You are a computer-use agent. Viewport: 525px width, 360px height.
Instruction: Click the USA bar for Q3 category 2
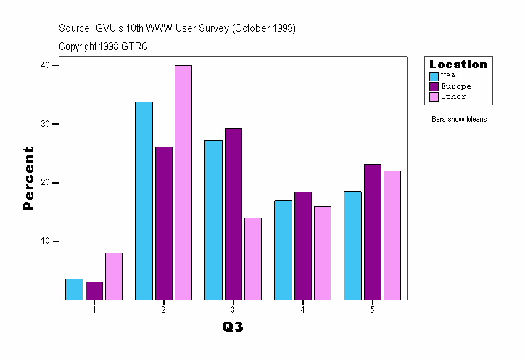click(x=144, y=200)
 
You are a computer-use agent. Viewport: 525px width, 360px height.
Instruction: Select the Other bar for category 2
click(x=183, y=182)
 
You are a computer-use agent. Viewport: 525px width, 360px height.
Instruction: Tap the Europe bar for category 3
click(x=233, y=214)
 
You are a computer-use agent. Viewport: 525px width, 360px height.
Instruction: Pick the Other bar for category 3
click(x=253, y=258)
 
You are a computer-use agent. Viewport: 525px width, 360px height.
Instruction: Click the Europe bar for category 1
click(x=94, y=290)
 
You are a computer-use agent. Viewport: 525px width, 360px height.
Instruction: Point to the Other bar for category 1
click(x=114, y=276)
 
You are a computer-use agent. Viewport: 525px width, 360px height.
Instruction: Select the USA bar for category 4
click(x=283, y=250)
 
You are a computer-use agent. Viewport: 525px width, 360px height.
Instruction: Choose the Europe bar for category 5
click(x=373, y=232)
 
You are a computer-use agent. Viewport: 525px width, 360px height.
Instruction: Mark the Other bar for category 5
click(x=392, y=235)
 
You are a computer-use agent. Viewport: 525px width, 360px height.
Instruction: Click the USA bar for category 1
click(x=74, y=289)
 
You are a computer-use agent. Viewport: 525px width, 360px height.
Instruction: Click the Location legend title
click(x=458, y=65)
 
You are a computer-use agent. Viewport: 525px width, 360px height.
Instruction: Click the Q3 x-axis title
click(x=233, y=327)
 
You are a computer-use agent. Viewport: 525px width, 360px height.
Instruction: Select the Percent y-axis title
click(x=28, y=179)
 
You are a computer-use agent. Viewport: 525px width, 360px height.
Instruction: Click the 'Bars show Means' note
click(x=459, y=120)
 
